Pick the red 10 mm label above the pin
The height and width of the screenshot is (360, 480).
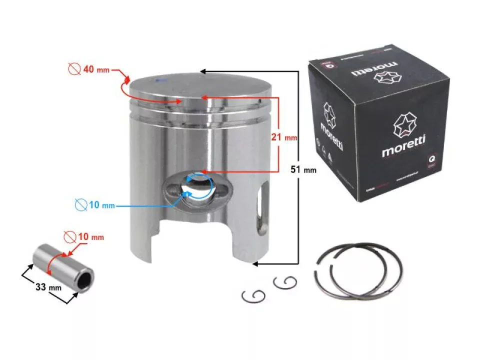click(x=90, y=236)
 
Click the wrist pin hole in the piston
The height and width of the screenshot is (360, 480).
click(x=196, y=188)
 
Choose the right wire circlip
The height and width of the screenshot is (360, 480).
click(x=285, y=283)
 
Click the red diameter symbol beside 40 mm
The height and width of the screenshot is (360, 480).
click(x=74, y=69)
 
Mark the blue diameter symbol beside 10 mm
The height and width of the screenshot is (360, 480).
click(x=80, y=204)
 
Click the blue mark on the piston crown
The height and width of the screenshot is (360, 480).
click(x=159, y=80)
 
